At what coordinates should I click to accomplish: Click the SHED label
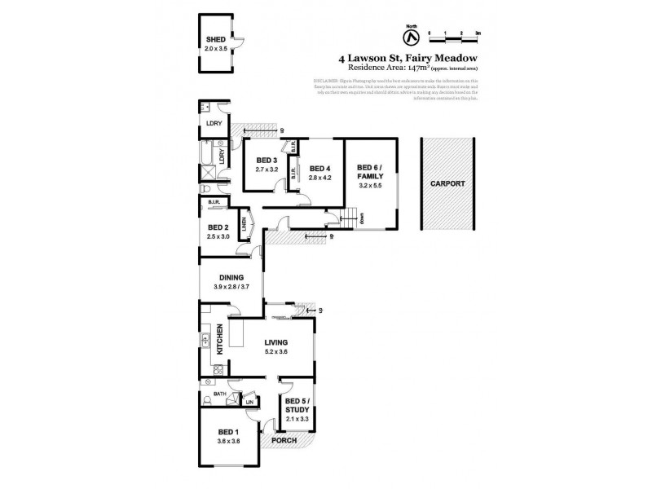[x=215, y=39]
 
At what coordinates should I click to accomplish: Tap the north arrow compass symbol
[x=410, y=36]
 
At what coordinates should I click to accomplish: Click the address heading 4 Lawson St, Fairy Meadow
[x=407, y=59]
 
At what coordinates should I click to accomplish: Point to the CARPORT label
[x=447, y=184]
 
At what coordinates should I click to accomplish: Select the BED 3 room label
[x=267, y=160]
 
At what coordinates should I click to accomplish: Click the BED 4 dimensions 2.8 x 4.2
[x=319, y=178]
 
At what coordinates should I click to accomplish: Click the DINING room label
[x=230, y=277]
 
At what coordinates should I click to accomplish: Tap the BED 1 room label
[x=227, y=433]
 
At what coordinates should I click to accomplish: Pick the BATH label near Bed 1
[x=218, y=394]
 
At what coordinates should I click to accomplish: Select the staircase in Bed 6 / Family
[x=350, y=218]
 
